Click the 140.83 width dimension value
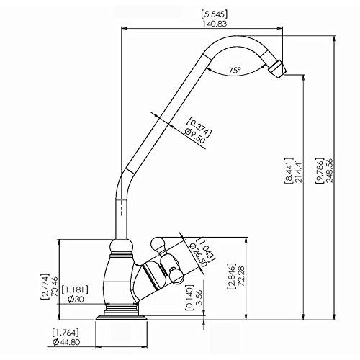coord(215,24)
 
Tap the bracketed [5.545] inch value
coord(215,14)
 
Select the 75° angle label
coord(234,71)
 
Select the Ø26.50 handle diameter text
coord(198,255)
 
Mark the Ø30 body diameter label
coord(76,299)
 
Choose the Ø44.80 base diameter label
coord(67,342)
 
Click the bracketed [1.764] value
coord(66,333)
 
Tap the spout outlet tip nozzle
coord(277,69)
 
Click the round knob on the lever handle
coord(157,243)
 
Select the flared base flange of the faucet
coord(122,318)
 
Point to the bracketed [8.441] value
coord(289,171)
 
